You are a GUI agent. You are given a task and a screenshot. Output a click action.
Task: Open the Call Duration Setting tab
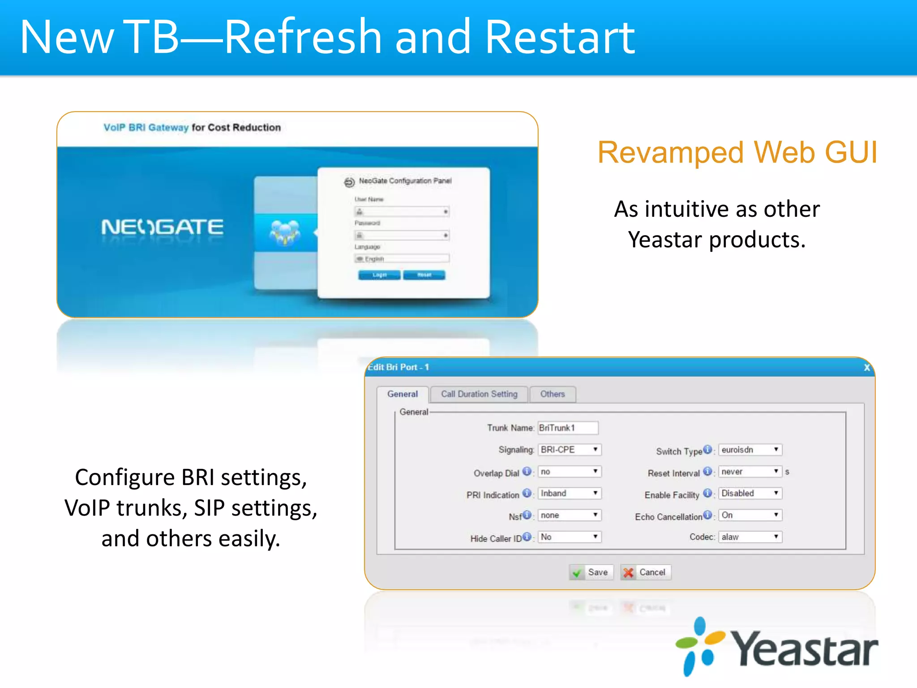pos(479,394)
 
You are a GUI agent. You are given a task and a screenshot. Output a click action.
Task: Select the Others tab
pos(552,394)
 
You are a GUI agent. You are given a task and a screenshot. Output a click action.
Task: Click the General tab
pos(402,394)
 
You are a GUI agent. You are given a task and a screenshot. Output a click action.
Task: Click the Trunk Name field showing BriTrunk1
pos(567,428)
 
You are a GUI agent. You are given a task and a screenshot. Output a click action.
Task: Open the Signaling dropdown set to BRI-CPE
pos(569,449)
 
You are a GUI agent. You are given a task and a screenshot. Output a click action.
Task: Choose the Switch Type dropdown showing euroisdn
pos(750,449)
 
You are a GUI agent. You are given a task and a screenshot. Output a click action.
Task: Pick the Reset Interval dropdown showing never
pos(750,471)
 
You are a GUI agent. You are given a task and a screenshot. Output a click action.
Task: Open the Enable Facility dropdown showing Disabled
pos(750,493)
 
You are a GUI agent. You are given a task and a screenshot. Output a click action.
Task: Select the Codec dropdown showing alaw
pos(750,537)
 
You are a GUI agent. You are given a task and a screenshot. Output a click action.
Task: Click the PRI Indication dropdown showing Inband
pos(569,493)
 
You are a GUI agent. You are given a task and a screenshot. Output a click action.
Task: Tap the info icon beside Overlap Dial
pos(527,471)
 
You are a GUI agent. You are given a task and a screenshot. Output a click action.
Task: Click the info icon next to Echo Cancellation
pos(707,515)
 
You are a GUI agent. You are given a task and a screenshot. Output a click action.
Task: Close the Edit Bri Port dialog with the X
pos(867,368)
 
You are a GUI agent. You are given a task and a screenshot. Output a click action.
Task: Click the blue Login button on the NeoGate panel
pos(379,275)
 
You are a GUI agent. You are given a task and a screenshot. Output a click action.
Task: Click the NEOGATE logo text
pos(162,227)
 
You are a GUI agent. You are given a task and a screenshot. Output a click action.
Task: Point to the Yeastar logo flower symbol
pos(700,645)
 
